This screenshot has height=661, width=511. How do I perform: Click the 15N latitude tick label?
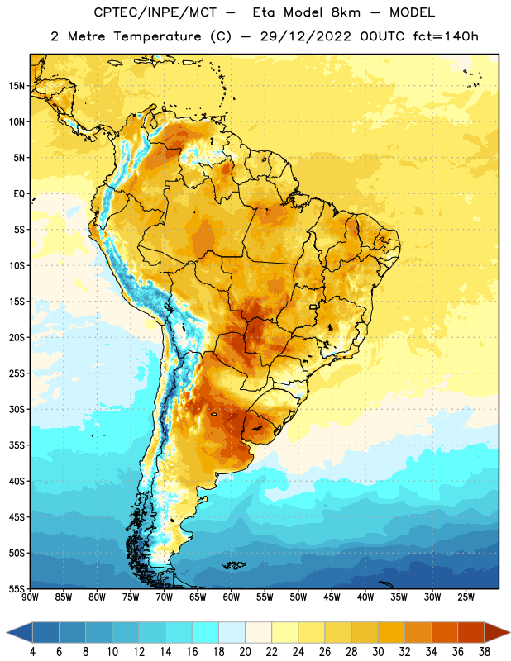click(x=17, y=86)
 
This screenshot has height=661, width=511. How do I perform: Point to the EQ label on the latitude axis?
click(x=19, y=194)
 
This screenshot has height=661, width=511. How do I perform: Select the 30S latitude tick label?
click(x=17, y=409)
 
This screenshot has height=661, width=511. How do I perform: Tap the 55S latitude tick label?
click(x=17, y=589)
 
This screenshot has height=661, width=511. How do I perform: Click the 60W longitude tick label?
click(x=232, y=597)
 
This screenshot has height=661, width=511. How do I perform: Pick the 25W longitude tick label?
click(x=466, y=597)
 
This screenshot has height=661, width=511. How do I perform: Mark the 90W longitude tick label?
click(x=31, y=597)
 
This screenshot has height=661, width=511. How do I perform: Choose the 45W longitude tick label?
click(x=332, y=597)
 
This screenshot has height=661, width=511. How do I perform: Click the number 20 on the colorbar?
click(x=245, y=652)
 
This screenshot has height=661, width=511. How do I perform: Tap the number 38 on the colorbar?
click(x=485, y=652)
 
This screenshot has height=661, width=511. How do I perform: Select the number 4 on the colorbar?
click(x=32, y=652)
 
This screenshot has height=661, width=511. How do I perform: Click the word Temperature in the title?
click(x=157, y=36)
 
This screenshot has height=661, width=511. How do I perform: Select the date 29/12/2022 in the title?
click(x=305, y=36)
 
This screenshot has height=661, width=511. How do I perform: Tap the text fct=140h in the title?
click(x=446, y=36)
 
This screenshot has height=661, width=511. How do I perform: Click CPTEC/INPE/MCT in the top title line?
click(x=155, y=12)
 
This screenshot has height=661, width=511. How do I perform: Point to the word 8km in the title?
click(x=346, y=12)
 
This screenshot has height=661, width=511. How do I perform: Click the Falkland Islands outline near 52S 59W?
click(x=235, y=565)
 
